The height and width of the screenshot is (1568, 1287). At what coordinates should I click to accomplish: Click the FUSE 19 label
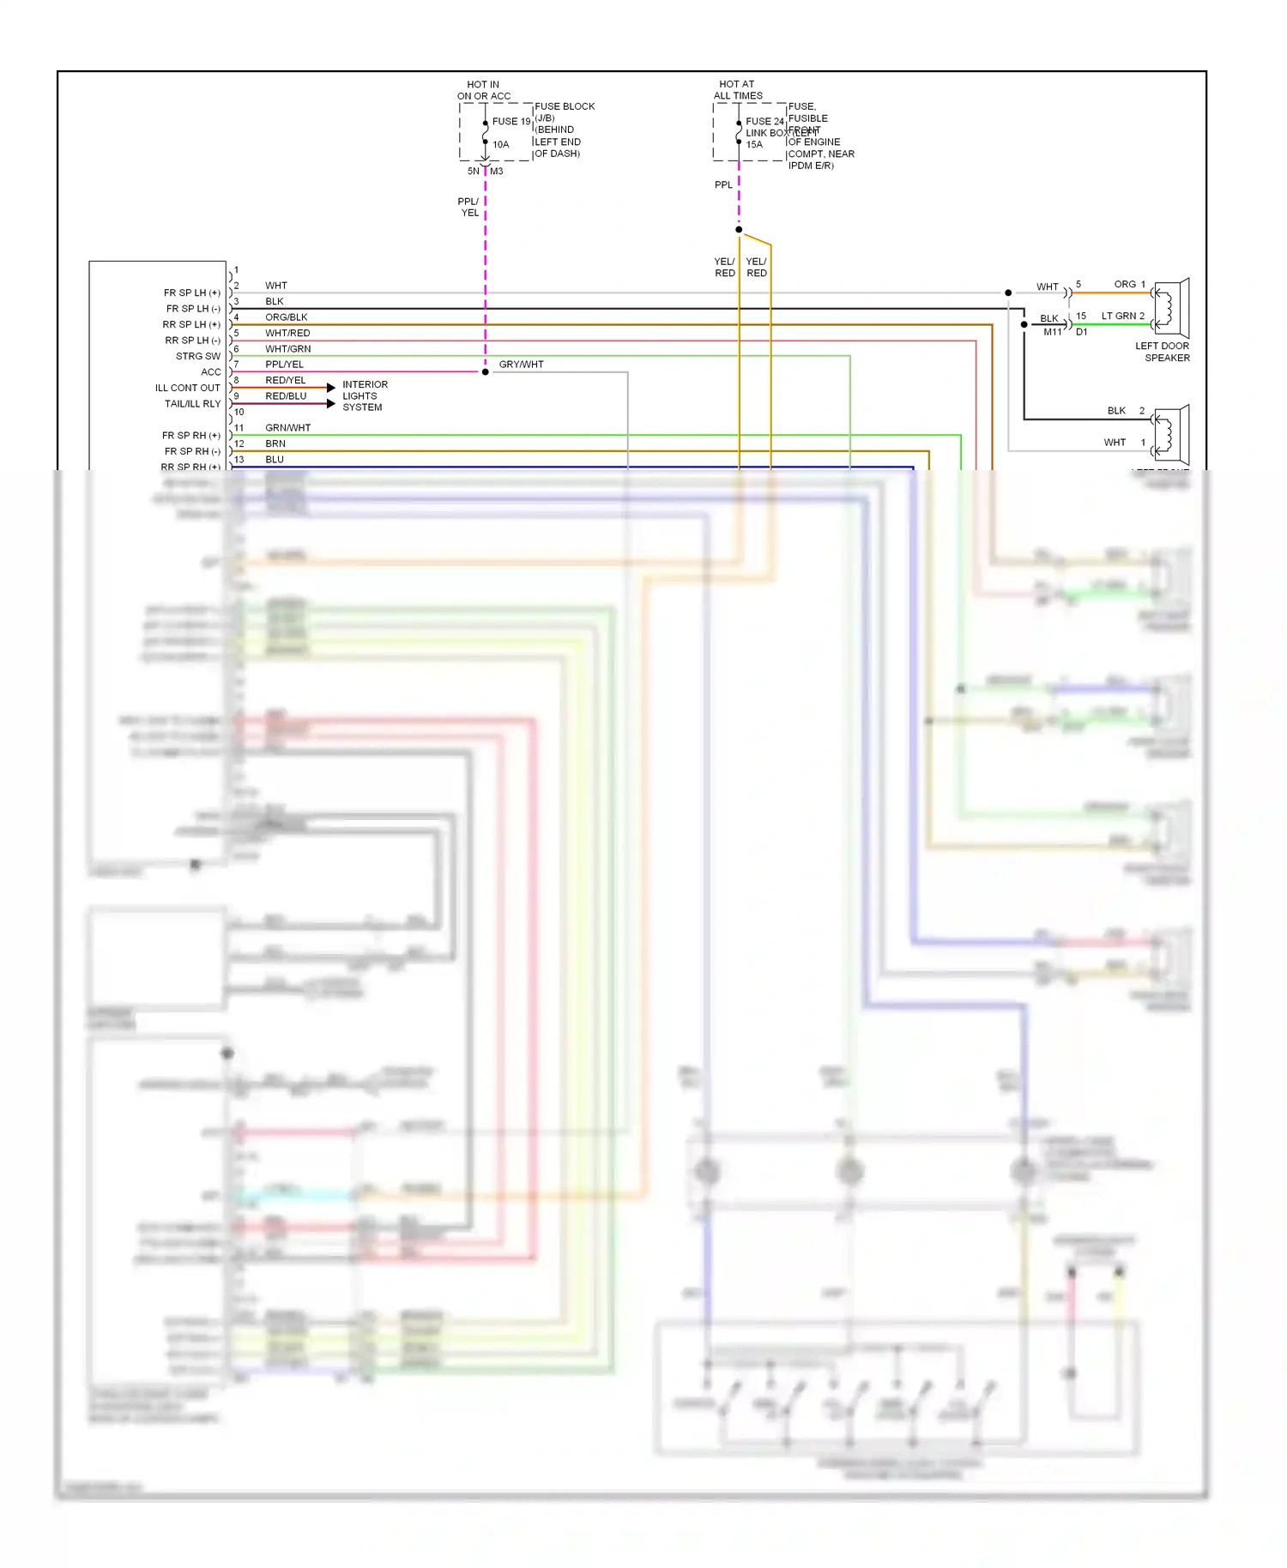tap(511, 122)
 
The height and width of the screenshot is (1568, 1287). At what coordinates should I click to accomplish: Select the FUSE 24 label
tap(764, 122)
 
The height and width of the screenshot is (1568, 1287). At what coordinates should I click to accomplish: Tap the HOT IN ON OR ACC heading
tap(483, 90)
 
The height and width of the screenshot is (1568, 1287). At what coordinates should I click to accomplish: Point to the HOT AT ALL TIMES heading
tap(737, 90)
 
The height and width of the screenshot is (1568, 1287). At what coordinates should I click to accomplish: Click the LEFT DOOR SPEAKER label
tap(1163, 352)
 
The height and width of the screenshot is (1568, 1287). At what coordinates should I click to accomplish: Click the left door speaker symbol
tap(1171, 308)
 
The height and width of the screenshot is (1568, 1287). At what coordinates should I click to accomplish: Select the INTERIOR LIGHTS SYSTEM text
tap(365, 395)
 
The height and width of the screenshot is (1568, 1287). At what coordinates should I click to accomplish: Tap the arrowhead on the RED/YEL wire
tap(331, 388)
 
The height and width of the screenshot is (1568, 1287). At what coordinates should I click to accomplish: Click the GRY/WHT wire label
tap(521, 365)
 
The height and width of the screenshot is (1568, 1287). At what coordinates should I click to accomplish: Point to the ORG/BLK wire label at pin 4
tap(286, 317)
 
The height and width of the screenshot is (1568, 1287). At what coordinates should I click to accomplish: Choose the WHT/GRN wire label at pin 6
tap(287, 349)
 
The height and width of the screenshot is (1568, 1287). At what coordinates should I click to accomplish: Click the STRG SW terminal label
tap(198, 356)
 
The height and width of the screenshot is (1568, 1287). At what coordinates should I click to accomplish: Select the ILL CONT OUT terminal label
tap(187, 388)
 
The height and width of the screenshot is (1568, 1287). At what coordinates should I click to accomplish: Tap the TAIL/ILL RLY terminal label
tap(192, 404)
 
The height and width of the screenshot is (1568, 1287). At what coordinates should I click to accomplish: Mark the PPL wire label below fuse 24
tap(723, 185)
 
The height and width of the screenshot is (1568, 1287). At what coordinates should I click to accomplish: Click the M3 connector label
tap(496, 172)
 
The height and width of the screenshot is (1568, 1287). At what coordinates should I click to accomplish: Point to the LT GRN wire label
tap(1119, 317)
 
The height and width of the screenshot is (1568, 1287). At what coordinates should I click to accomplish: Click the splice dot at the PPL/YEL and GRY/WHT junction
tap(486, 372)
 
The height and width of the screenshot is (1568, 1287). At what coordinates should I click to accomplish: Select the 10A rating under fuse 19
tap(500, 145)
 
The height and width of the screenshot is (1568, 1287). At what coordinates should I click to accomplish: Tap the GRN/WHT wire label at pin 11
tap(287, 428)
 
